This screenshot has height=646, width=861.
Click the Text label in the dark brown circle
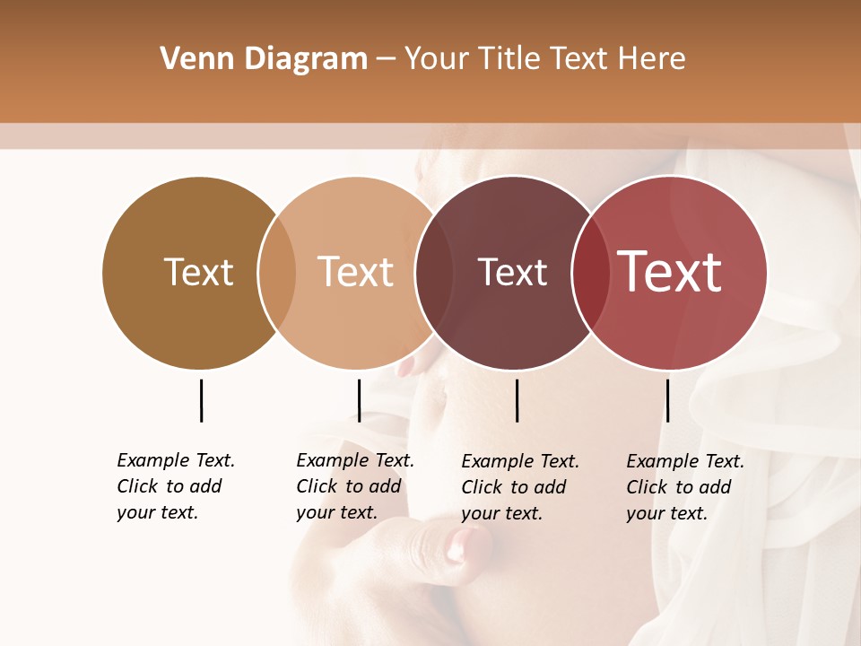point(198,272)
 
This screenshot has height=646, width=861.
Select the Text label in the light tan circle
point(355,272)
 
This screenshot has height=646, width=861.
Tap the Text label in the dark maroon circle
point(512,273)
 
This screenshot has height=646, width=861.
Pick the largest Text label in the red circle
point(670,271)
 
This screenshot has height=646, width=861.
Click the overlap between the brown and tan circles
point(277,273)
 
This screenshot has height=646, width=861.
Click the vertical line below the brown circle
point(201,400)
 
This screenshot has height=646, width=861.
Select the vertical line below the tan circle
point(359,400)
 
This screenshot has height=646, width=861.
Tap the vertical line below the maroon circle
point(517,400)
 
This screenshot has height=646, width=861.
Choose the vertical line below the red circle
point(667,400)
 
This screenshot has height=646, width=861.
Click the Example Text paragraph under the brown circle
point(176,486)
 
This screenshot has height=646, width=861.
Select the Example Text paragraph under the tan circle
point(355,486)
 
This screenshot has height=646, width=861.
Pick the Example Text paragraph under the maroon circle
point(520,487)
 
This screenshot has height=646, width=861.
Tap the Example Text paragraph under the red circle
point(685,487)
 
